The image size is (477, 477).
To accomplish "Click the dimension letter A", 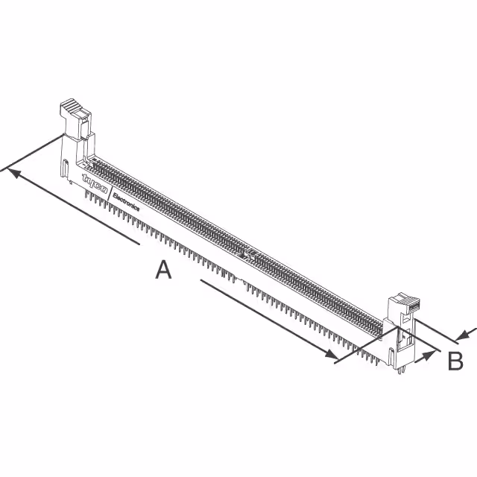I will point(163,269).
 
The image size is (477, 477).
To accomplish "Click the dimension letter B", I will point(455,361).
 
